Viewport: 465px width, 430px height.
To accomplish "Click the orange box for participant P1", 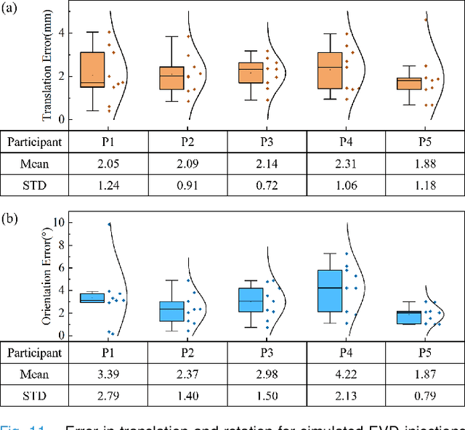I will (x=92, y=70).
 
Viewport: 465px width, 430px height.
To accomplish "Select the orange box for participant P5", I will (x=408, y=84).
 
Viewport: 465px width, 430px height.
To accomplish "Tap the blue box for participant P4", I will (x=330, y=291).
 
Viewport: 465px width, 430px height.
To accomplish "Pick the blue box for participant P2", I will (x=171, y=311).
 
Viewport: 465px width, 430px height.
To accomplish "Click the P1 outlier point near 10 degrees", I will (x=109, y=224).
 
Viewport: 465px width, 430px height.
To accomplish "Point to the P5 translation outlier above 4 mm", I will (x=426, y=20).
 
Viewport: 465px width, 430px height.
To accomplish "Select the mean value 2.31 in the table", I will (x=346, y=163).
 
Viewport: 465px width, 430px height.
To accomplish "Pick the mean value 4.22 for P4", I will (x=346, y=374).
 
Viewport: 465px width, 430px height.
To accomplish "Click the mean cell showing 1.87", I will (x=425, y=374).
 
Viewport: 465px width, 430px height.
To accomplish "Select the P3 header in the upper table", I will (x=267, y=142).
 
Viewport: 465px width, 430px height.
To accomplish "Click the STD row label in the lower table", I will (x=35, y=395).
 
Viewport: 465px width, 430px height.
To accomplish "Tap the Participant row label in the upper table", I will (x=35, y=142).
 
